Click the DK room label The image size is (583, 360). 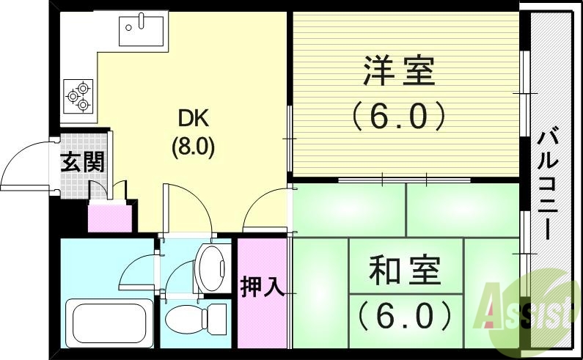pos(192,118)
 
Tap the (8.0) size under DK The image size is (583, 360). pos(192,147)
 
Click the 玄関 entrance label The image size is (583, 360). pos(81,161)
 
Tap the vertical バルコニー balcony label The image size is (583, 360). pos(547,183)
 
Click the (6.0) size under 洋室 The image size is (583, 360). pos(398,116)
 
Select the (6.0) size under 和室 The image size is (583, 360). pos(405,316)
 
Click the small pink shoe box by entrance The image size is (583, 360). pos(109,218)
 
